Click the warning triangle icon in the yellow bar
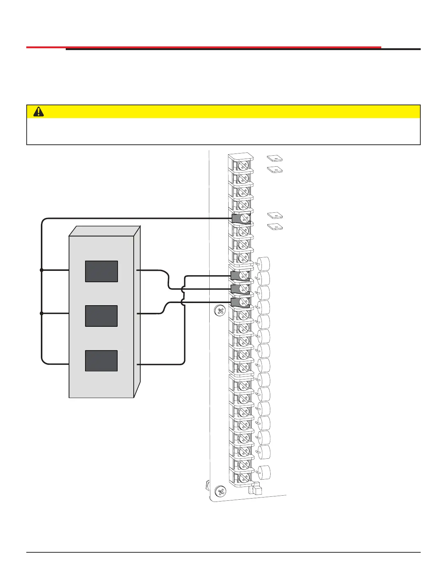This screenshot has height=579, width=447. point(38,112)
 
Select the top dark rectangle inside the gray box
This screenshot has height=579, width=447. point(102,271)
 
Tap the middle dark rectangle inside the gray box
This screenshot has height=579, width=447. point(102,316)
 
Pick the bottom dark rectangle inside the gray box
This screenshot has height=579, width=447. point(102,361)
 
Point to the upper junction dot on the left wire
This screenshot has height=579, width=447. point(42,270)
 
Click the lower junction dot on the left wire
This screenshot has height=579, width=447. point(42,313)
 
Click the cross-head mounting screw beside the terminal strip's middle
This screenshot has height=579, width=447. point(220,311)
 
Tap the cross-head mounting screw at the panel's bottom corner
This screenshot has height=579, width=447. point(220,491)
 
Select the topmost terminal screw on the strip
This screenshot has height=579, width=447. point(243,166)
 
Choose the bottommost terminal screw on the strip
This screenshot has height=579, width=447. point(244,477)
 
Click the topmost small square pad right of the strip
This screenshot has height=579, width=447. point(275,159)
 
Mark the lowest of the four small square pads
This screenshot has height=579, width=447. point(275,227)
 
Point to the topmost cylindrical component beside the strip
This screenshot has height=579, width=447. point(264,263)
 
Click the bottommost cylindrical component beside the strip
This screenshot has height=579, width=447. point(264,472)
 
